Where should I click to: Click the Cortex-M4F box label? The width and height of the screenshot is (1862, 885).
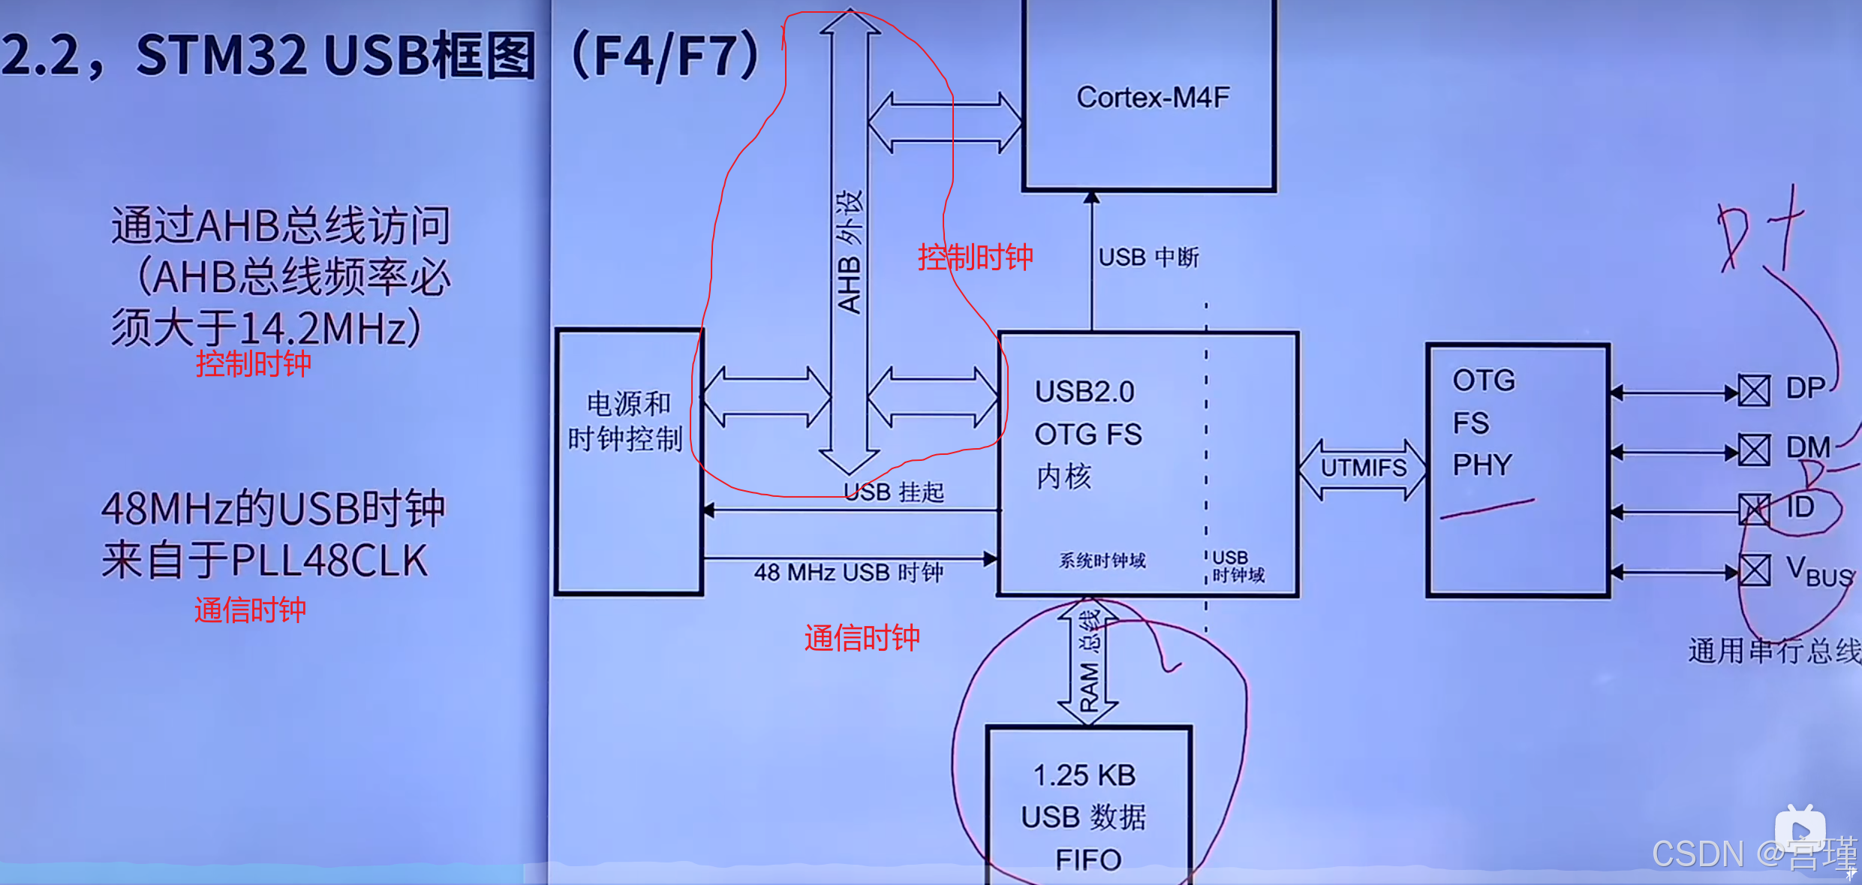[1152, 98]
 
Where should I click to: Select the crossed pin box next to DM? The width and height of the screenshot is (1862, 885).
[1754, 450]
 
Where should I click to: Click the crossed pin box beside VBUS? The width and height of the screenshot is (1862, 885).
[1754, 570]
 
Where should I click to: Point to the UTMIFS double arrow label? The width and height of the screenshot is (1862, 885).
[1363, 468]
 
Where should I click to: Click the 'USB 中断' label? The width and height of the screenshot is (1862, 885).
[1148, 258]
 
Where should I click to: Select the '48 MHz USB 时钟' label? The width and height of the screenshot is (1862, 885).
[849, 573]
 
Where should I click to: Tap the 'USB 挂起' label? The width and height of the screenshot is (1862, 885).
[894, 492]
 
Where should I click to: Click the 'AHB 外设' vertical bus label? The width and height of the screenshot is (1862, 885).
[850, 251]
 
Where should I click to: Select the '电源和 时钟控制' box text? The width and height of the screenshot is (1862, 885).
[626, 422]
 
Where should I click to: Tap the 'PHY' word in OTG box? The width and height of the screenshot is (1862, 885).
[1482, 465]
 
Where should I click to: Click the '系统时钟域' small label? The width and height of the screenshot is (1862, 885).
[1102, 561]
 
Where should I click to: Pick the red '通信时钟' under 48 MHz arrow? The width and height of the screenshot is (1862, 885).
[862, 638]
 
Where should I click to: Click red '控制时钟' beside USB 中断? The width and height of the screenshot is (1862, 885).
[975, 257]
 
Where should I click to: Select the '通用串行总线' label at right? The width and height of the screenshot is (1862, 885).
[1774, 651]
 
